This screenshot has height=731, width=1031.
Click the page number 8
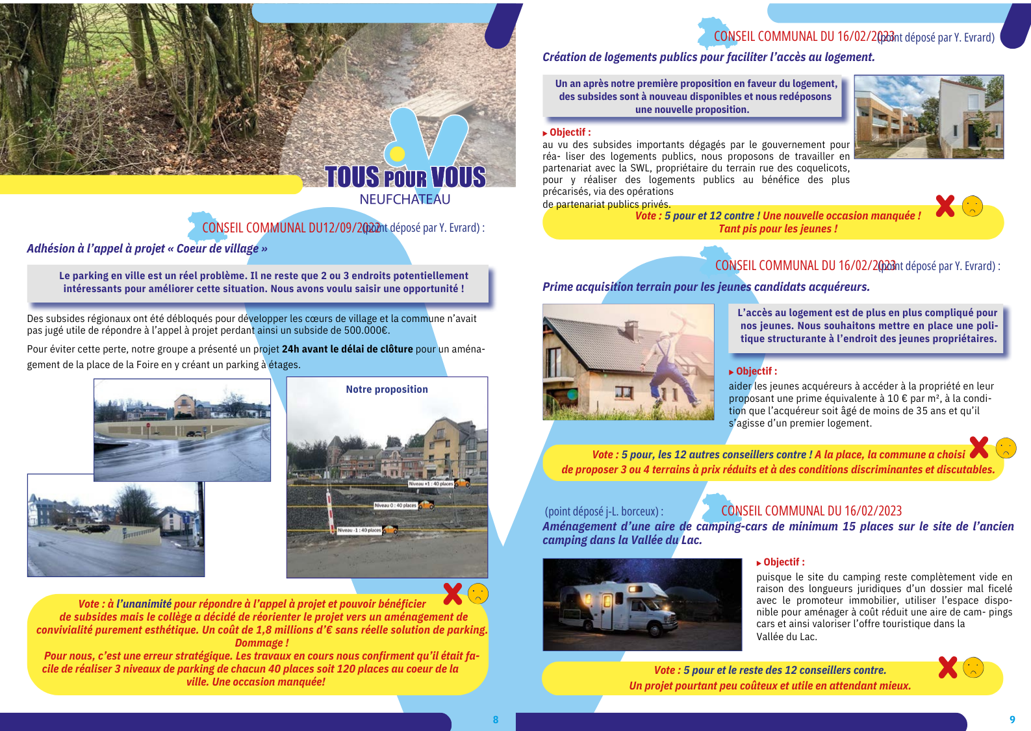pos(496,719)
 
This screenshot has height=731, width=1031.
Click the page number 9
pos(1012,719)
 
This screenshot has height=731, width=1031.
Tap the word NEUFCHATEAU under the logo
pos(405,199)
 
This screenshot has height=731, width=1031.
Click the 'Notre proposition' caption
pos(387,390)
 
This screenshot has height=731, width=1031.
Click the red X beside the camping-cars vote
pos(948,667)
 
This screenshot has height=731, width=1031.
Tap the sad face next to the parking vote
pos(478,593)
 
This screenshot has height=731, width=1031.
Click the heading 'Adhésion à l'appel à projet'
pos(147,249)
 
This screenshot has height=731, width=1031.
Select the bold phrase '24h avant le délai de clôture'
pos(347,349)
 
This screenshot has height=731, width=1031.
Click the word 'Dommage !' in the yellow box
pos(262,643)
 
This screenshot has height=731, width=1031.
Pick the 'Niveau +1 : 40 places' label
pos(431,484)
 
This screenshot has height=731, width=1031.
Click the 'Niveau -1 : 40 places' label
pos(359,530)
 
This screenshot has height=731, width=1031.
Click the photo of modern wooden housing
pos(928,117)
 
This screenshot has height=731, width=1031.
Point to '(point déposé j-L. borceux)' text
pos(604,512)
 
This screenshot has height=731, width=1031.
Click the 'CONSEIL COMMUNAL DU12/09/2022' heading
pos(283,228)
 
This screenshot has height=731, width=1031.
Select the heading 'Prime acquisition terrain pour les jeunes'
pos(706,287)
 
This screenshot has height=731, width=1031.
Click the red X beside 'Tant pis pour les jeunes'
pos(945,206)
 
